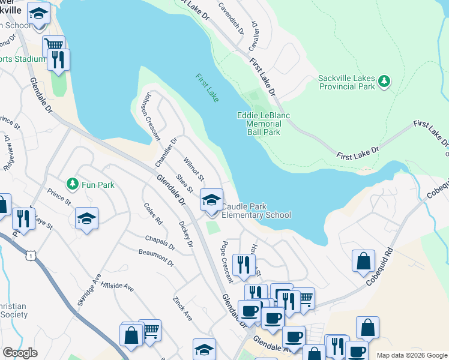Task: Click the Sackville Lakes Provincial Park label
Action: (x=346, y=83)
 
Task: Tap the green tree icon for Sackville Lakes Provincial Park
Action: (x=384, y=80)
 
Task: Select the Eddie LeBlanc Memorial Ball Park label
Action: (x=259, y=124)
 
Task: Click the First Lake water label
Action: (x=207, y=87)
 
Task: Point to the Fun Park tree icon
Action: (x=72, y=182)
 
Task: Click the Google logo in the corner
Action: (x=20, y=353)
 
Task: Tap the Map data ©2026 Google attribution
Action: (x=412, y=355)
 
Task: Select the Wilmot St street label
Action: (x=194, y=169)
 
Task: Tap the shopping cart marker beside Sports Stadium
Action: (x=54, y=45)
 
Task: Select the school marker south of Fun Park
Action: (x=87, y=219)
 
